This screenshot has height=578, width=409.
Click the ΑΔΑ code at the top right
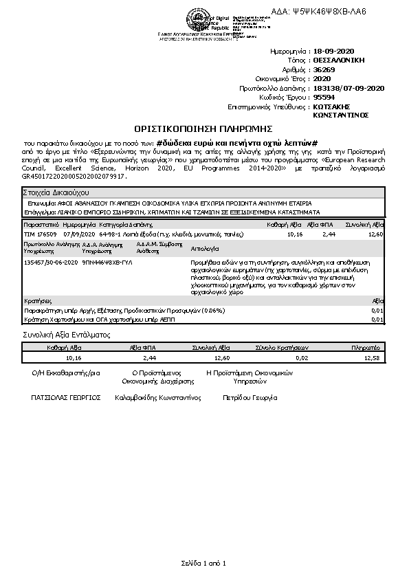click(x=329, y=12)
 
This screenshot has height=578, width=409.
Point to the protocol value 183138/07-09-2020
click(x=349, y=88)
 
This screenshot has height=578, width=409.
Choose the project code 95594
click(x=324, y=97)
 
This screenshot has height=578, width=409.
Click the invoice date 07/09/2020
click(x=80, y=234)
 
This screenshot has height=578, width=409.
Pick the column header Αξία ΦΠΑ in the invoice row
click(x=320, y=225)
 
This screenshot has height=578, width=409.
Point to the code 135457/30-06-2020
click(x=50, y=262)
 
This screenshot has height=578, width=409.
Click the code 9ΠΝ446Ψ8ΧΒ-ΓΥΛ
click(x=107, y=262)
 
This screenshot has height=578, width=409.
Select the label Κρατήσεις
click(x=38, y=301)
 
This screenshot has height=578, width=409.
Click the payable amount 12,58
click(x=371, y=358)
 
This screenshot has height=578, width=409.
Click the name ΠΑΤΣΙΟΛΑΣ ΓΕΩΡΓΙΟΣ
click(x=66, y=397)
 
